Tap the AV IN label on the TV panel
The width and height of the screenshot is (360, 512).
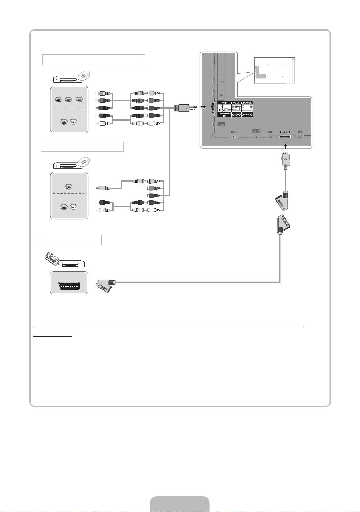[x=225, y=103]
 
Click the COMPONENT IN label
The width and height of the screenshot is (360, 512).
[x=225, y=115]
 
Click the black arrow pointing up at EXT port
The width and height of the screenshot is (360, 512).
[x=286, y=146]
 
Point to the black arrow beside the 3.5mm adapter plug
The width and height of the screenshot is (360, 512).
[x=203, y=107]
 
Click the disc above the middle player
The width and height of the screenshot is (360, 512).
[x=84, y=162]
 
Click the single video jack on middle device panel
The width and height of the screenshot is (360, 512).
[x=69, y=187]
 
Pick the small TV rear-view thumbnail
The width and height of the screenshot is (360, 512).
[x=274, y=70]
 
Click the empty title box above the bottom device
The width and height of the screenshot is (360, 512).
[x=70, y=240]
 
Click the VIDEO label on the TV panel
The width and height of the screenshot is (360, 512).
[x=236, y=103]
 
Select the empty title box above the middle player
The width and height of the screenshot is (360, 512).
[x=82, y=147]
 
